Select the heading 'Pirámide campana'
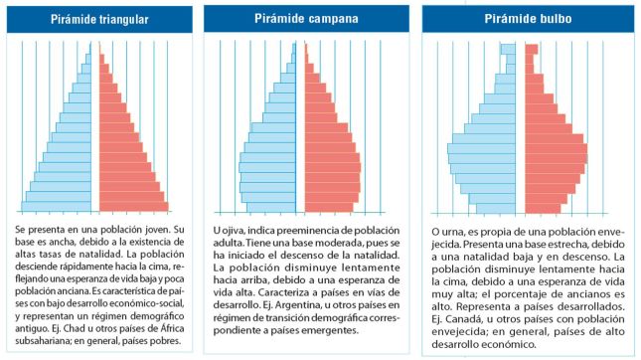coord(306,20)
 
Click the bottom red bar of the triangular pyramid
coord(134,207)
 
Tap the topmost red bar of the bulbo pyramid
coord(531,49)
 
